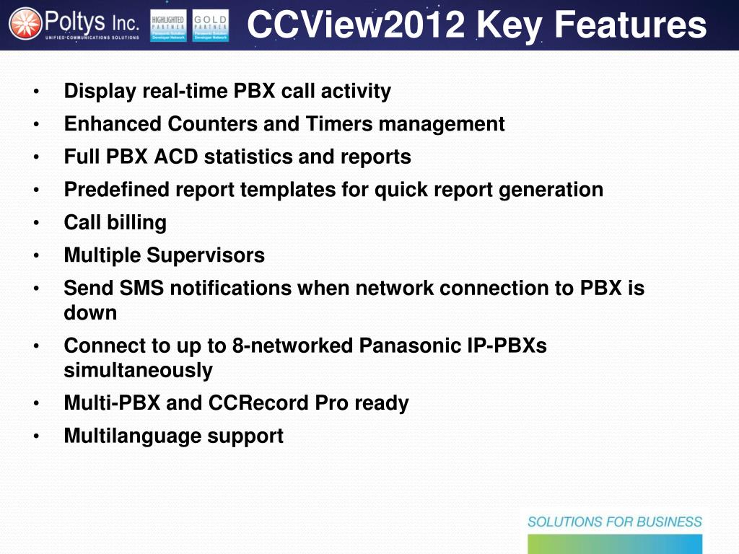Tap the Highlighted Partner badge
click(x=167, y=25)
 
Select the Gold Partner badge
click(x=211, y=25)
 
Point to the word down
click(x=90, y=313)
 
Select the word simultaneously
click(x=138, y=371)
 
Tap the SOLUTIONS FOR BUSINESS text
click(x=614, y=522)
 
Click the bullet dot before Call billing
click(x=36, y=223)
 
